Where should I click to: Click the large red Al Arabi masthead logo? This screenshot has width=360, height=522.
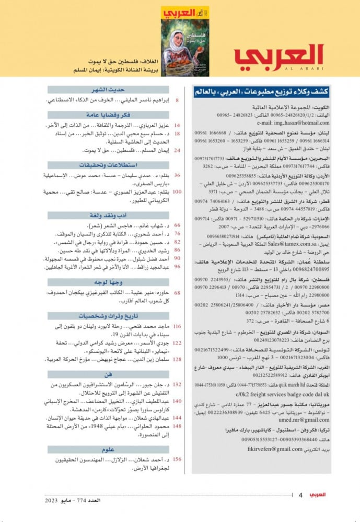click(x=278, y=56)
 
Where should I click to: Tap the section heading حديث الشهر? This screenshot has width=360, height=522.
click(x=108, y=90)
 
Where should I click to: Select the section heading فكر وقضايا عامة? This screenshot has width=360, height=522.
click(x=108, y=115)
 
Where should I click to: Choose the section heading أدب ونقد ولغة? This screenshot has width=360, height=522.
click(x=108, y=215)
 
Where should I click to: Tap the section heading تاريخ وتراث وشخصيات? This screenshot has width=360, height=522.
click(x=108, y=316)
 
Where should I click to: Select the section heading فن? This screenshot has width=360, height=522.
click(x=108, y=374)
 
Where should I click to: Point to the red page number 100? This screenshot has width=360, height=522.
click(x=177, y=192)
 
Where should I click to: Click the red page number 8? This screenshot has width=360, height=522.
click(x=177, y=99)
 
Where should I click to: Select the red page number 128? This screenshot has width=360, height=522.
click(x=177, y=360)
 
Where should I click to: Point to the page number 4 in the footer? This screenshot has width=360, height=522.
click(x=301, y=494)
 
